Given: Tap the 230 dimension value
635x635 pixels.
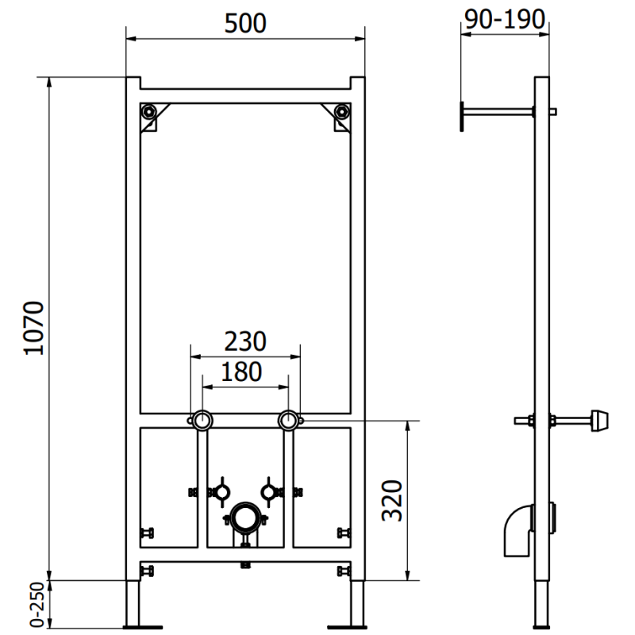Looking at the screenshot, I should point(244,341).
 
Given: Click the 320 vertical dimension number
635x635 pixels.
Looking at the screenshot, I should point(391,498).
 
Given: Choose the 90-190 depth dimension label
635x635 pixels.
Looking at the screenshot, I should point(505,20).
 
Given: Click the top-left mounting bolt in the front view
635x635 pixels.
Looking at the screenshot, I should point(148,112).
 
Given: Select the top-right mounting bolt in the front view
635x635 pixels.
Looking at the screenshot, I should point(341,112).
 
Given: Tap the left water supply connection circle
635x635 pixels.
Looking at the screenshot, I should point(202,420).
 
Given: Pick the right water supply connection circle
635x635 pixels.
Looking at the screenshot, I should point(288,420).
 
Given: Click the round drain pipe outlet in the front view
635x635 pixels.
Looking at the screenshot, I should point(244,520).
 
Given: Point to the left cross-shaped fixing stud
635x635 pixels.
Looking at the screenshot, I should point(219,491).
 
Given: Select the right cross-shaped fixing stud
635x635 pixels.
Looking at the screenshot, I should point(271,491).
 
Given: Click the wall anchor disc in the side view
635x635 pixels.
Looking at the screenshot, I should point(460,113).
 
